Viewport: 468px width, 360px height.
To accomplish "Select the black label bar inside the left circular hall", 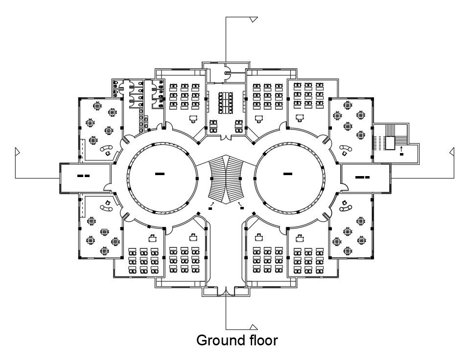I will pyautogui.click(x=160, y=174).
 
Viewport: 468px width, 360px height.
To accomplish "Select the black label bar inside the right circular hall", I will pyautogui.click(x=288, y=174).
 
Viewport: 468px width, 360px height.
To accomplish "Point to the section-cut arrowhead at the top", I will pyautogui.click(x=254, y=20).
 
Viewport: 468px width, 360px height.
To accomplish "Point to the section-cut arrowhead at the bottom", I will pyautogui.click(x=254, y=326).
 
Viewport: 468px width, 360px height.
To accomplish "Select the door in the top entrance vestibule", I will pyautogui.click(x=227, y=73).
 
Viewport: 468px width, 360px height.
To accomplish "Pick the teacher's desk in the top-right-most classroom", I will pyautogui.click(x=300, y=117).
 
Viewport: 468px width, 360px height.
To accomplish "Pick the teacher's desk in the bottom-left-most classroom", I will pyautogui.click(x=153, y=237).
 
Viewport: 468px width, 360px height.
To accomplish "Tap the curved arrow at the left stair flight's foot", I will pyautogui.click(x=212, y=202).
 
